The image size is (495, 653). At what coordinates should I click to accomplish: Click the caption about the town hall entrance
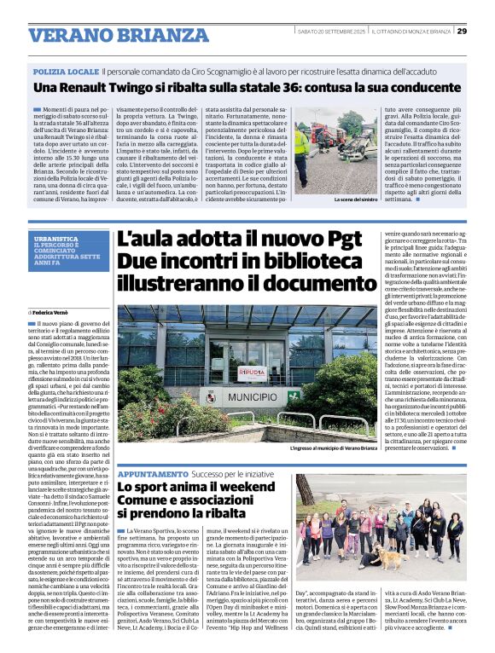(333, 448)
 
